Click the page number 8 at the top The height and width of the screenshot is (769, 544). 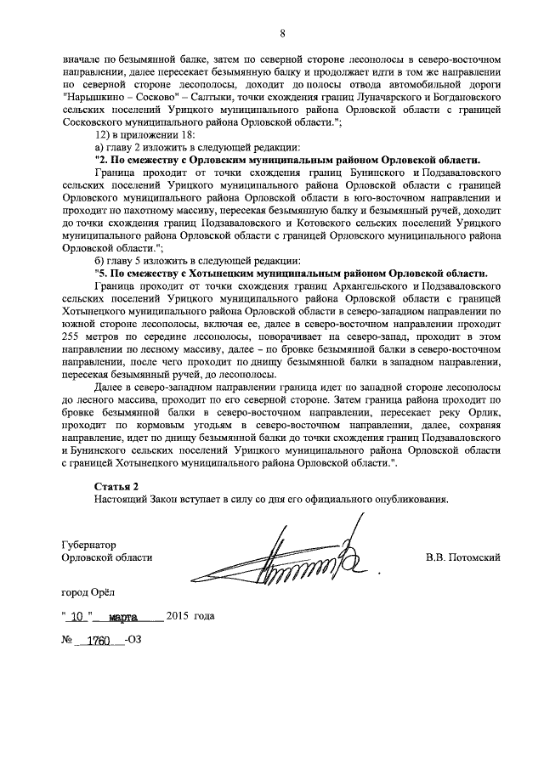pyautogui.click(x=282, y=33)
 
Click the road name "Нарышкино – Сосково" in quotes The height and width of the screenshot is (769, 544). pyautogui.click(x=116, y=99)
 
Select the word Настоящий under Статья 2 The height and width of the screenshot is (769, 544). pyautogui.click(x=121, y=499)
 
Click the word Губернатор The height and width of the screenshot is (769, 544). pyautogui.click(x=88, y=544)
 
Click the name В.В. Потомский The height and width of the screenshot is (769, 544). pyautogui.click(x=462, y=557)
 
